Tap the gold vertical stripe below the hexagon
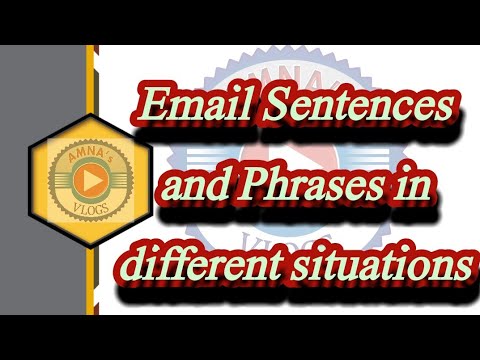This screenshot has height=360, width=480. click(91, 290)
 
